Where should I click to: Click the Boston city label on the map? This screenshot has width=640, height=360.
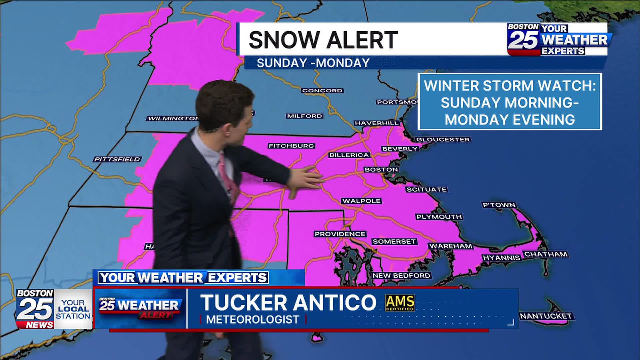point(381,170)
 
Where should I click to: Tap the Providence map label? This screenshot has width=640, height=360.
point(340,234)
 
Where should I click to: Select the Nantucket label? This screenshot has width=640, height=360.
point(546,316)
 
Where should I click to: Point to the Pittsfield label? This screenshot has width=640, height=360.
point(117,159)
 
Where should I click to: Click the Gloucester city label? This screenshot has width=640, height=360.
point(443,140)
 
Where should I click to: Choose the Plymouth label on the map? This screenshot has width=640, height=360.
point(439,217)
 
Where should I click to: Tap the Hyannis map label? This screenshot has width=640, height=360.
point(501,258)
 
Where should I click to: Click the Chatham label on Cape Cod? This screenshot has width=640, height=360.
point(546,254)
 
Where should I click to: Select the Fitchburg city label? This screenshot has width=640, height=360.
point(291,146)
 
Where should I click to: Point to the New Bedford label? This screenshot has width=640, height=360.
point(401,276)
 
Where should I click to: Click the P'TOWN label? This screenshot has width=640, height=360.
point(499,205)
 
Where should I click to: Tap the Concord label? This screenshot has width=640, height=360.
point(322,91)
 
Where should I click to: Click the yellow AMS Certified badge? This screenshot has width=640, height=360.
point(400,303)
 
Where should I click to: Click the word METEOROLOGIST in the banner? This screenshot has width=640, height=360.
point(252,319)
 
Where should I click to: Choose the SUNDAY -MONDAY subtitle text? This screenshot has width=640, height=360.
point(313,63)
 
